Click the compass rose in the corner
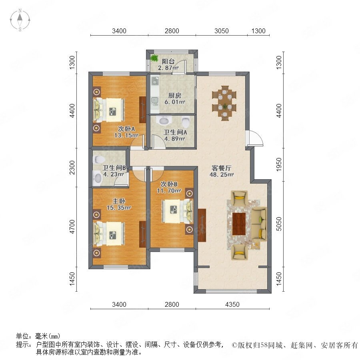coord(20,20)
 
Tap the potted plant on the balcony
coord(154,58)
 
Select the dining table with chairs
coord(224,103)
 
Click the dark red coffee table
coord(239,224)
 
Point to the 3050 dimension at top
coord(221,31)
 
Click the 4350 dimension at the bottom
coord(232,304)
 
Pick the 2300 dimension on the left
coord(72,167)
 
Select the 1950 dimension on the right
coord(279,164)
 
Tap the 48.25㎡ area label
coord(221,174)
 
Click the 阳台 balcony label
coord(168,61)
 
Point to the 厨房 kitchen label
coord(175,95)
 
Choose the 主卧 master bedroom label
coord(119,201)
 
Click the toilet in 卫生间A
coord(186,122)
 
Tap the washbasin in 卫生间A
coord(164,120)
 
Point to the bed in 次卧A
coord(108,110)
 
